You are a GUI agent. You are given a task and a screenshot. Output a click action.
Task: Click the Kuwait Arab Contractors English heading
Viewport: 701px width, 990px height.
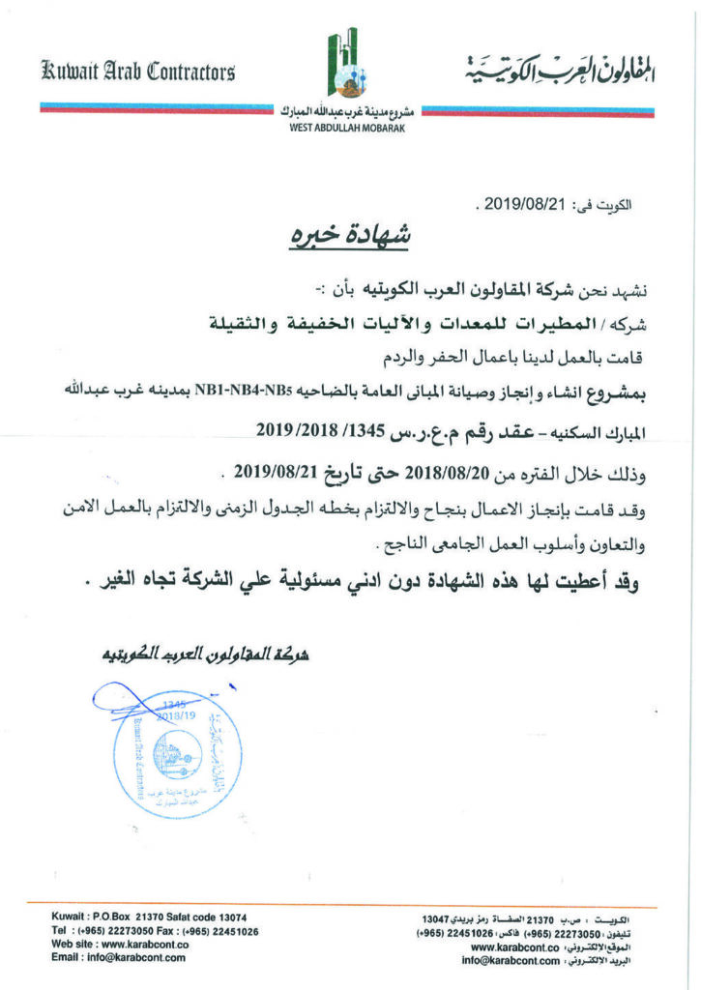point(137,71)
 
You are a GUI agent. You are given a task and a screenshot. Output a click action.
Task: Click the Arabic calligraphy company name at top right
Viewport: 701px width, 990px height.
point(558,70)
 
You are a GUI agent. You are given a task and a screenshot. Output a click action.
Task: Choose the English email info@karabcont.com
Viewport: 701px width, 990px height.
point(135,957)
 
